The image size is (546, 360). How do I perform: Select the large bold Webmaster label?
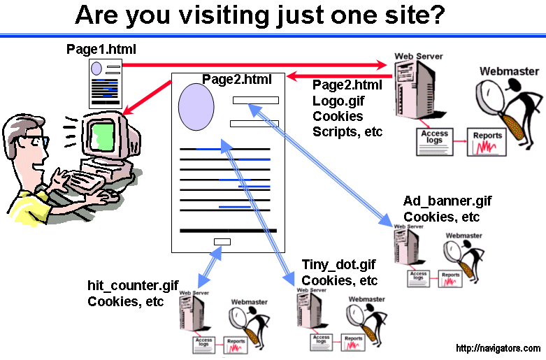point(509,71)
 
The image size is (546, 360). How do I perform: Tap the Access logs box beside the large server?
point(432,136)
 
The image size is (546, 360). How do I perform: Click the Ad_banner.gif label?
point(447,201)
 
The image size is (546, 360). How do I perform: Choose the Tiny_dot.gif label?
point(339,265)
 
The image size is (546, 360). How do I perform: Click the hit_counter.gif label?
point(133,286)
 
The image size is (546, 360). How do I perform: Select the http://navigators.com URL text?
point(497,348)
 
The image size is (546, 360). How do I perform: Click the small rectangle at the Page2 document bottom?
point(222,242)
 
